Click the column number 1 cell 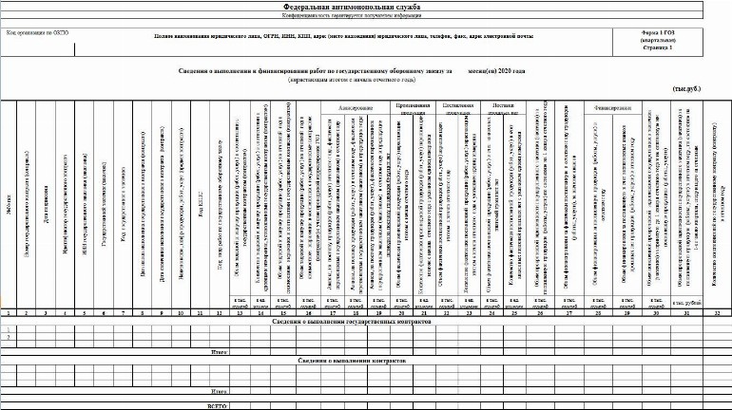[x=8, y=312]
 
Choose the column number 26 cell [x=541, y=312]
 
